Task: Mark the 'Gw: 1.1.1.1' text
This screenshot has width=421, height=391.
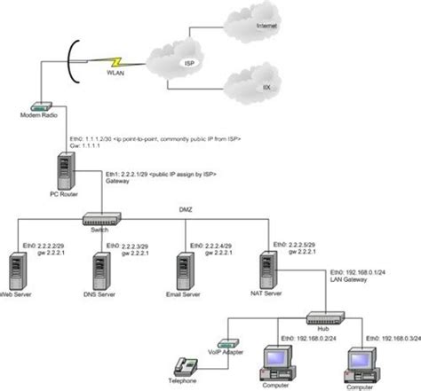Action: click(x=85, y=148)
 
